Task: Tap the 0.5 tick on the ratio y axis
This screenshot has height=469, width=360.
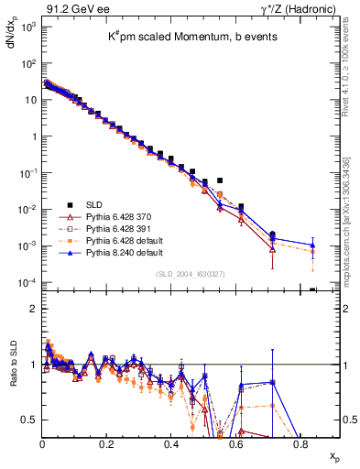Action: (29, 420)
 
